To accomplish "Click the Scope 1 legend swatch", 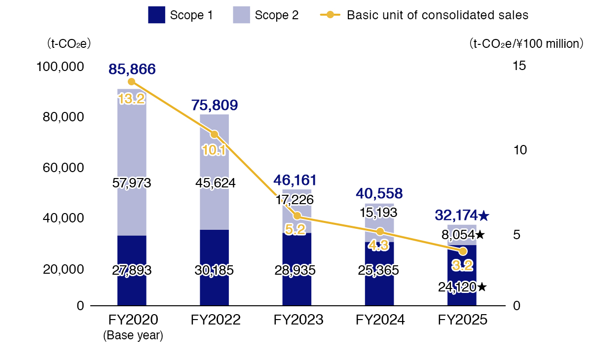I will pos(156,15).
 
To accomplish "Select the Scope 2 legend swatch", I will pos(241,15).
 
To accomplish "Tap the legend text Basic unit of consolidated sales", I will pos(438,15).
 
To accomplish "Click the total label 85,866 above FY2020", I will pos(132,70).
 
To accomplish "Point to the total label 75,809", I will pos(214,105).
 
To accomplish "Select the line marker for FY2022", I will pos(214,135).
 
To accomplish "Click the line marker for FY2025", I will pos(463,252).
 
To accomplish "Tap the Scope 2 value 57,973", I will pos(132,183).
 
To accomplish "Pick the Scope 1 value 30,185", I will pos(214,270).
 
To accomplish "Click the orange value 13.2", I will pos(132,99).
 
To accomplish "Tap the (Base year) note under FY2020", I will pos(133,336).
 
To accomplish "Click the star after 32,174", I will pos(484,215).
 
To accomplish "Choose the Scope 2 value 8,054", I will pos(458,235).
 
